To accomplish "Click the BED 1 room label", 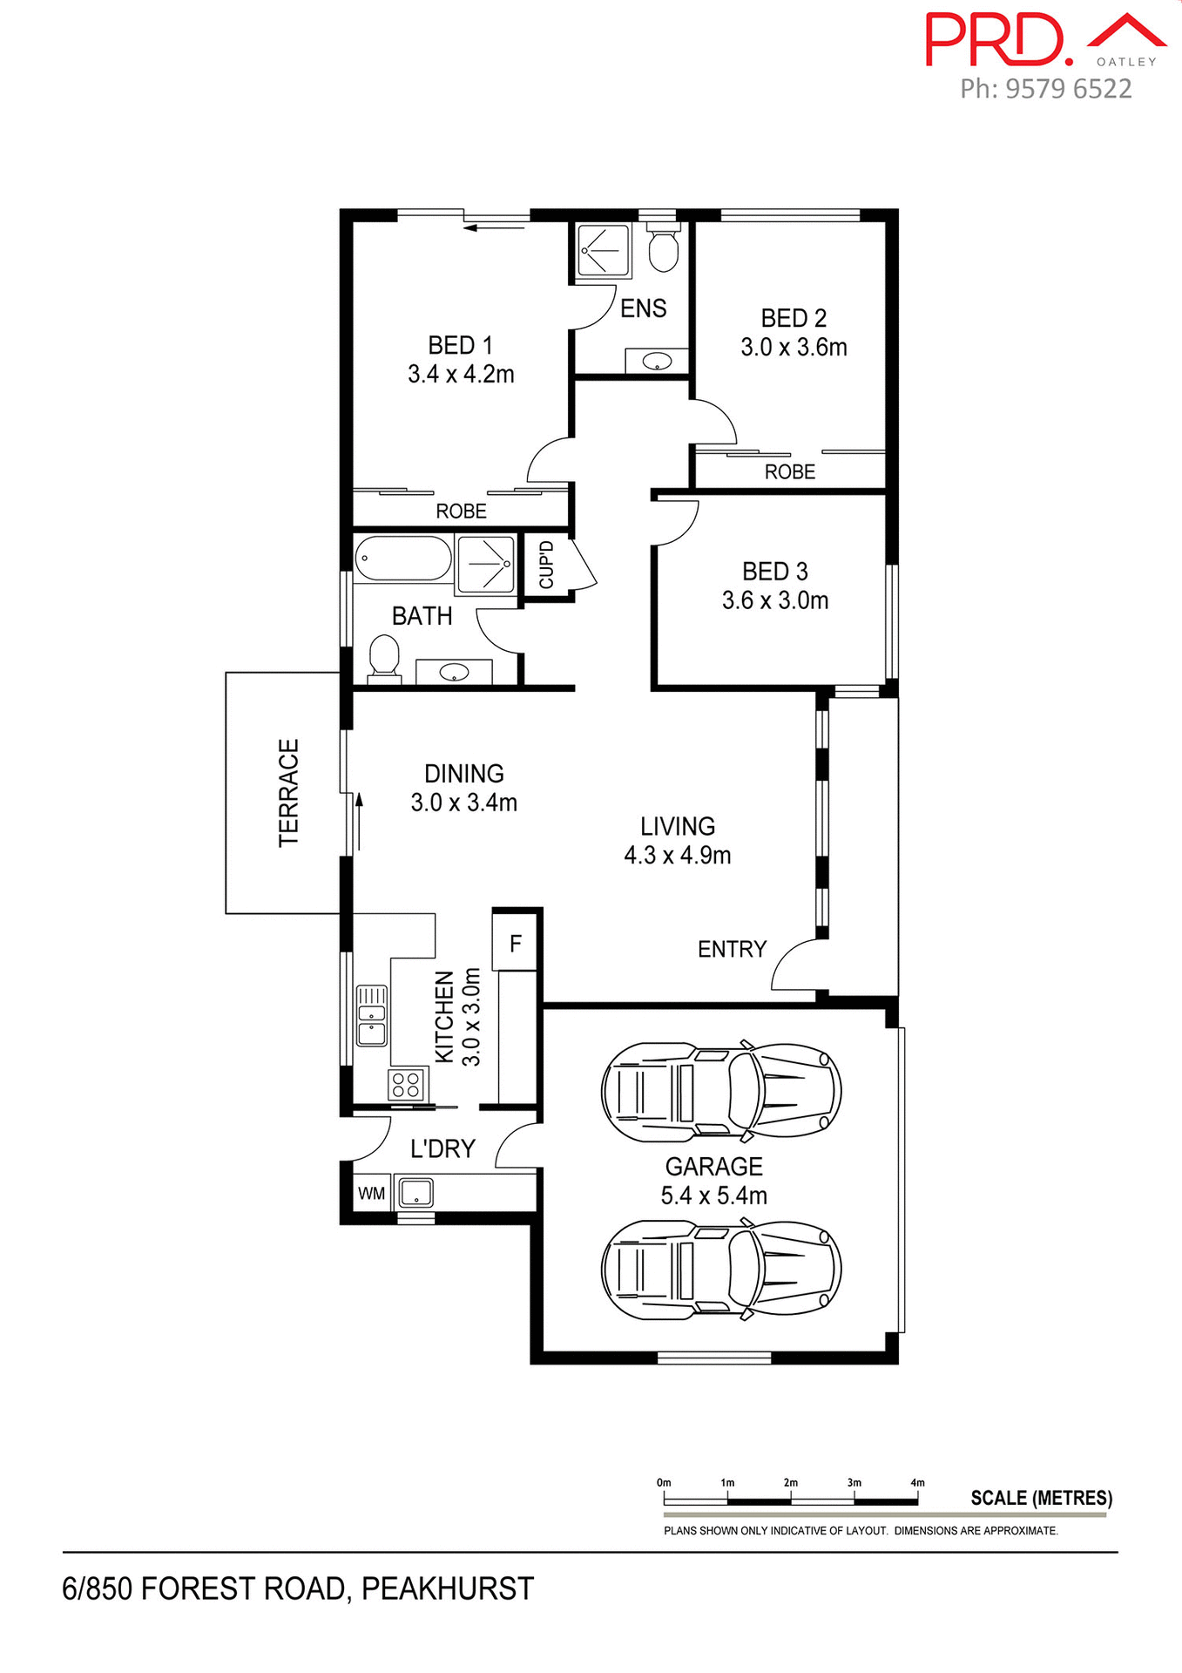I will click(x=460, y=345).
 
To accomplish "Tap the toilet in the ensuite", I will click(x=664, y=248).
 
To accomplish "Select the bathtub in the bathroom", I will click(x=402, y=559).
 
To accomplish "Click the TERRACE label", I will click(x=288, y=792).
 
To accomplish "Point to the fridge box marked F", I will click(x=516, y=943).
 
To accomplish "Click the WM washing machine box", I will click(x=371, y=1193).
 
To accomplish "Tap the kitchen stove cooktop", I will click(x=407, y=1085).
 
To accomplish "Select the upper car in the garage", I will click(x=721, y=1092).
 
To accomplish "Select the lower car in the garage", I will click(x=721, y=1269).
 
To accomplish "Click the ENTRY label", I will click(x=732, y=949).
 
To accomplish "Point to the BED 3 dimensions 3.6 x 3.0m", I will click(x=774, y=600).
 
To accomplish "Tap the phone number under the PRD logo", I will click(x=1045, y=89).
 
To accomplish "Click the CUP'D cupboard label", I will click(x=546, y=565).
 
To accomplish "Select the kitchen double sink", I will click(x=372, y=1014).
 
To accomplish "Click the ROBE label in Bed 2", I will click(x=789, y=472).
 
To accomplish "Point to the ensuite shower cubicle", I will click(x=604, y=251).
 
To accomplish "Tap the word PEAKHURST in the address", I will click(x=447, y=1588).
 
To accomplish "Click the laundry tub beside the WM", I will click(x=416, y=1192).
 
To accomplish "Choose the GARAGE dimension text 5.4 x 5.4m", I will click(x=713, y=1195).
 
